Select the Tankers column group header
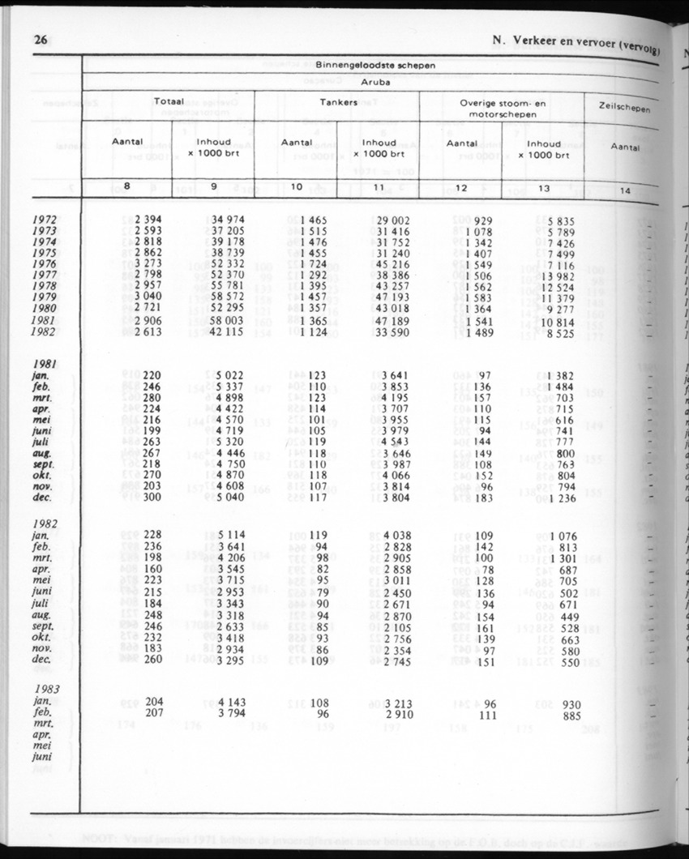(x=336, y=102)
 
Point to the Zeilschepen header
(x=625, y=108)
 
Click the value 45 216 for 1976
(x=392, y=264)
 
